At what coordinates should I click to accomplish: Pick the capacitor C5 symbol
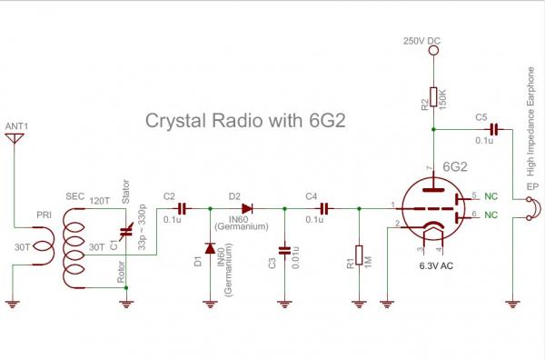(493, 129)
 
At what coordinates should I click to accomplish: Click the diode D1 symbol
(211, 246)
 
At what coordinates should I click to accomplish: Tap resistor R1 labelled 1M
(360, 255)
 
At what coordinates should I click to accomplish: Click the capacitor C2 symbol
(182, 207)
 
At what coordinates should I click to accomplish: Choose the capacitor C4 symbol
(323, 207)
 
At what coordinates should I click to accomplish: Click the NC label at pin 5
(491, 195)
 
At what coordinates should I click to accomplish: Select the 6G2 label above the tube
(459, 166)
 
